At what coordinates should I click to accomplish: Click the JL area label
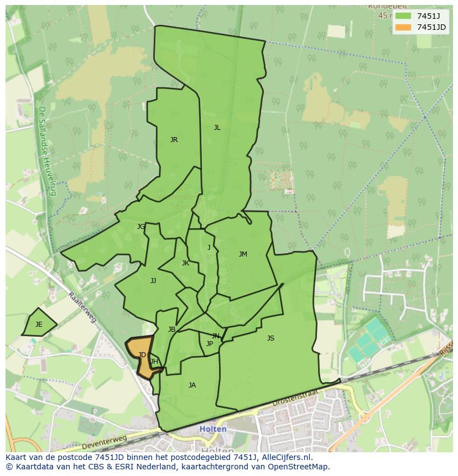tap(217, 128)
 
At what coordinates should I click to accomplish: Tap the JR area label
tap(174, 140)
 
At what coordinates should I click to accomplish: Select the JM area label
tap(243, 254)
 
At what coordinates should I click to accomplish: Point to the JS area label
tap(270, 338)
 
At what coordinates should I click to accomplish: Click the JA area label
tap(192, 385)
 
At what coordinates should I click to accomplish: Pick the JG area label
tap(141, 227)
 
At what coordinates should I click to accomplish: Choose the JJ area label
tap(153, 281)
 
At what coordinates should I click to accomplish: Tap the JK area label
tap(185, 263)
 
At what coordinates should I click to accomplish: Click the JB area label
tap(171, 329)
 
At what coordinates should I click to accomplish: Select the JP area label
tap(209, 344)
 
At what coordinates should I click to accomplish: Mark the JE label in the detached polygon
tap(39, 325)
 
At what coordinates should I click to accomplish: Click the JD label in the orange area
tap(142, 355)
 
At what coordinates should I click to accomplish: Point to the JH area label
tap(154, 362)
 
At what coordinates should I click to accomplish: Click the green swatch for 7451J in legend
tap(403, 16)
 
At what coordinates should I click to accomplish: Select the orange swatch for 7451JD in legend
tap(403, 27)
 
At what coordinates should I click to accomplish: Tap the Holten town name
tap(212, 429)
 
